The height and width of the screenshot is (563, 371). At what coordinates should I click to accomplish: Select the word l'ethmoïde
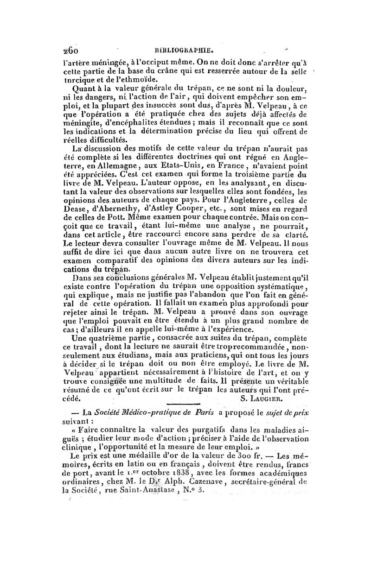[123, 78]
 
